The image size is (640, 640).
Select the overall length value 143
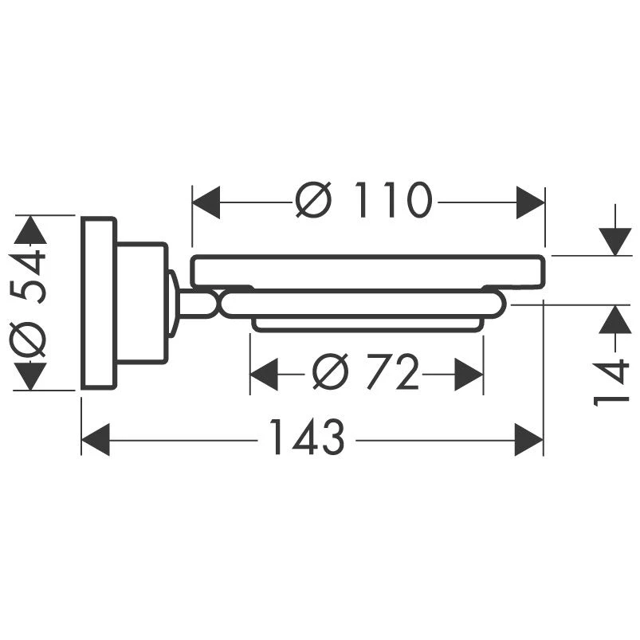click(307, 438)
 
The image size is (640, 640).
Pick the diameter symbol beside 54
click(30, 341)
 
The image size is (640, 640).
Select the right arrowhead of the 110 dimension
click(531, 202)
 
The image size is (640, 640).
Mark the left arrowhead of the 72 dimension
click(264, 373)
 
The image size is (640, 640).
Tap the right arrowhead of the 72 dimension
click(469, 373)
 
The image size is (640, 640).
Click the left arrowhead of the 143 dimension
click(96, 439)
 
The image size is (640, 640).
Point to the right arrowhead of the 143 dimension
click(529, 439)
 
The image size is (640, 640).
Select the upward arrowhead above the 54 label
click(31, 230)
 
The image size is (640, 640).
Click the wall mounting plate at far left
click(99, 303)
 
